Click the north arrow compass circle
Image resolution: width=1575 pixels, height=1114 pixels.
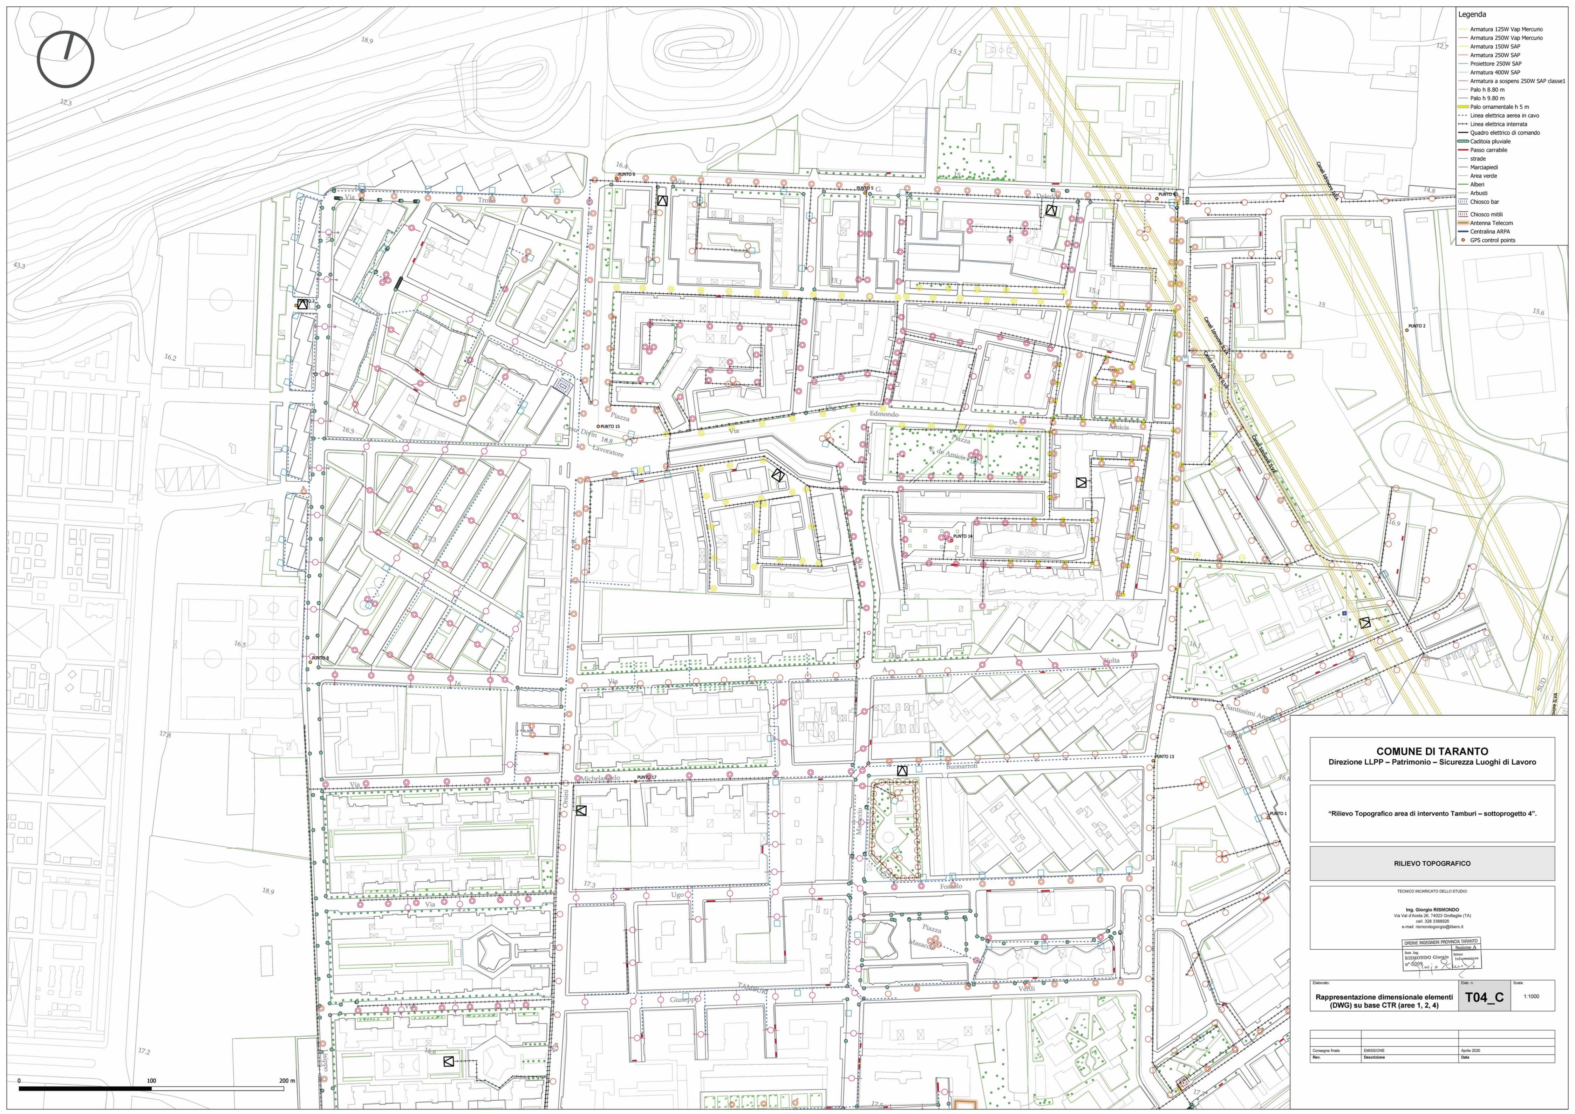coord(65,59)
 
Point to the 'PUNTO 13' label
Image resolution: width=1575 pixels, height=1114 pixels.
coord(1164,757)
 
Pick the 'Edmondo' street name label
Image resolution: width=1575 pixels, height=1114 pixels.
coord(884,414)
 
